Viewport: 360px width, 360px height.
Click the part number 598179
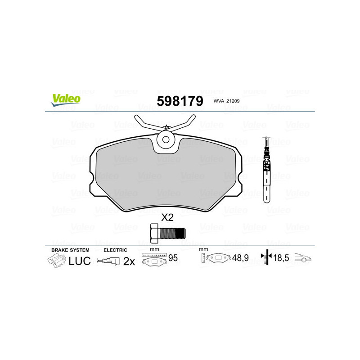(180, 101)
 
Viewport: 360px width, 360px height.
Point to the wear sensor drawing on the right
(267, 171)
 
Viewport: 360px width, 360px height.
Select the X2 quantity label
(167, 218)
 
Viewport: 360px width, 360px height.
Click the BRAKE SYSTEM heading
(70, 250)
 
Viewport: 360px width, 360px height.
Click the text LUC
(80, 261)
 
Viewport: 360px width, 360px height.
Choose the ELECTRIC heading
(116, 250)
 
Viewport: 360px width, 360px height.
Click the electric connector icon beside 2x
(109, 261)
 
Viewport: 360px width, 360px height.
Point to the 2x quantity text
(129, 261)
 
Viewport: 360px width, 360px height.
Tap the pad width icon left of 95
(154, 260)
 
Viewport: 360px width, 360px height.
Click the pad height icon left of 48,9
(216, 259)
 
